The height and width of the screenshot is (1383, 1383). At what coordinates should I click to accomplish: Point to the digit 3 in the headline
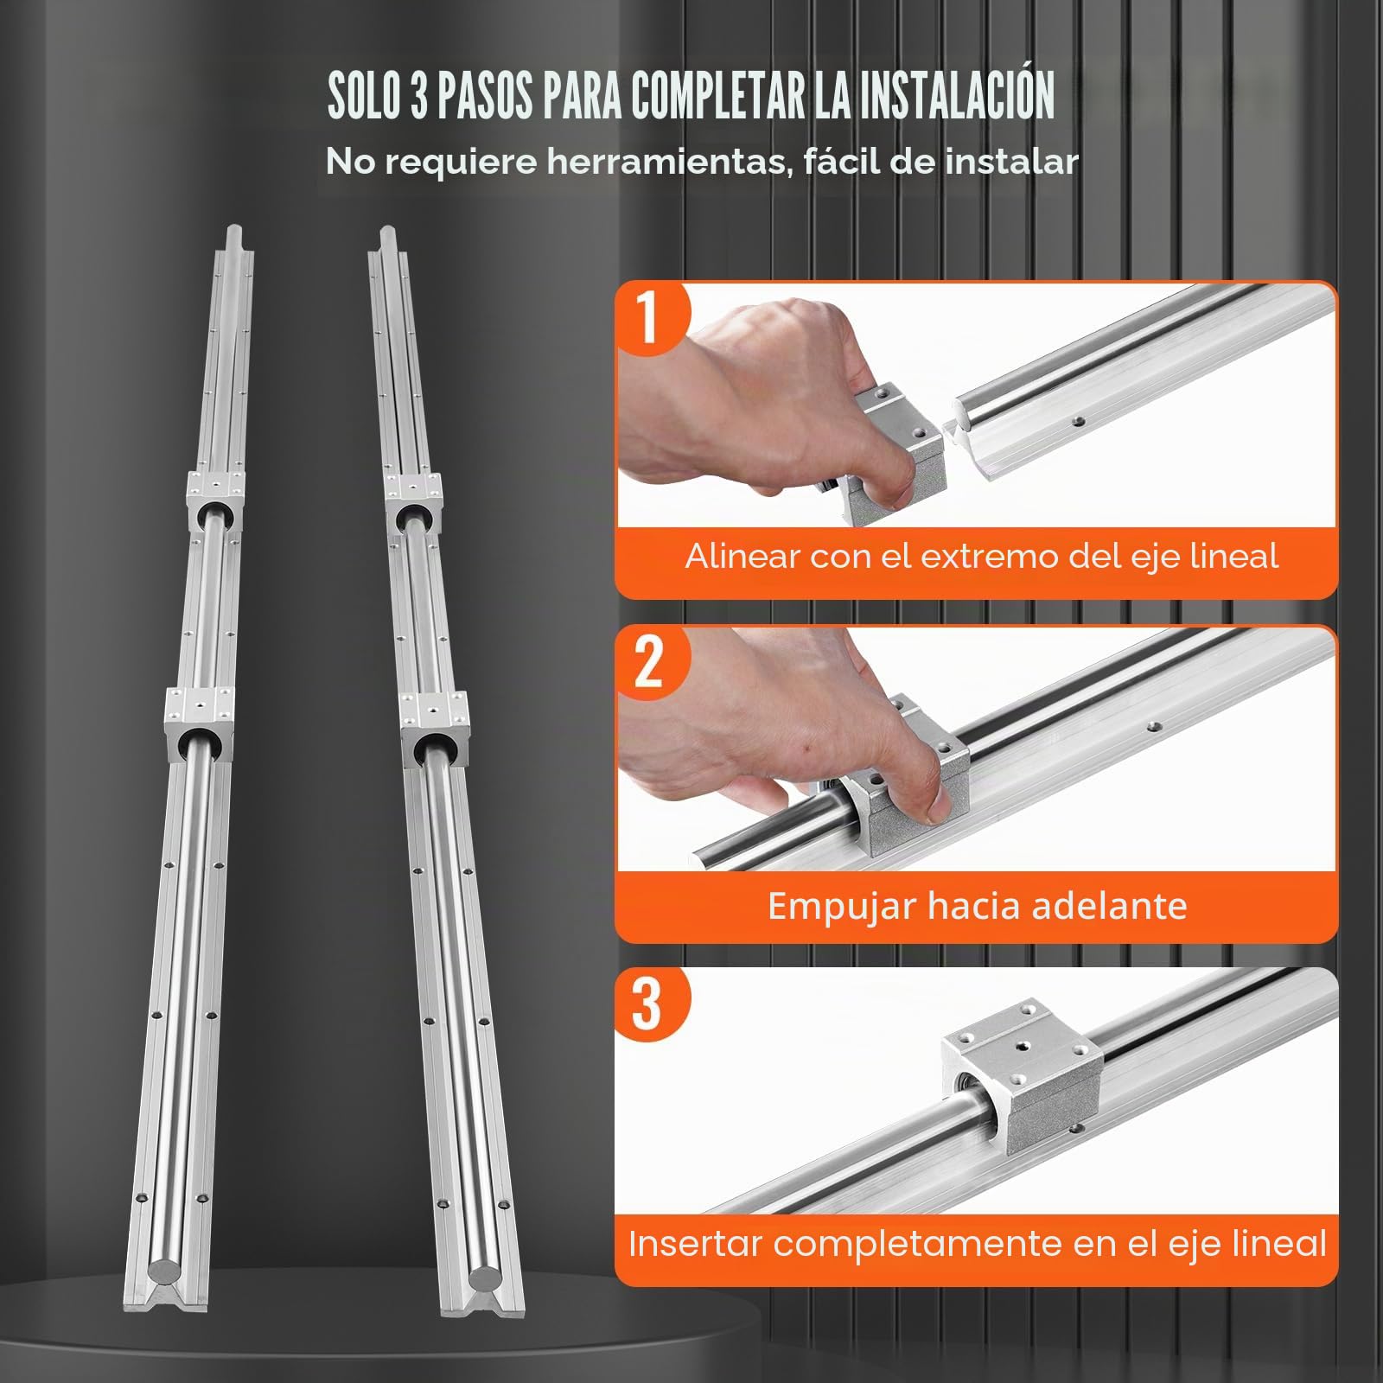(x=419, y=95)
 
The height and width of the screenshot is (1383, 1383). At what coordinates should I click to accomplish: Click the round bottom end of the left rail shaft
(x=164, y=1271)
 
